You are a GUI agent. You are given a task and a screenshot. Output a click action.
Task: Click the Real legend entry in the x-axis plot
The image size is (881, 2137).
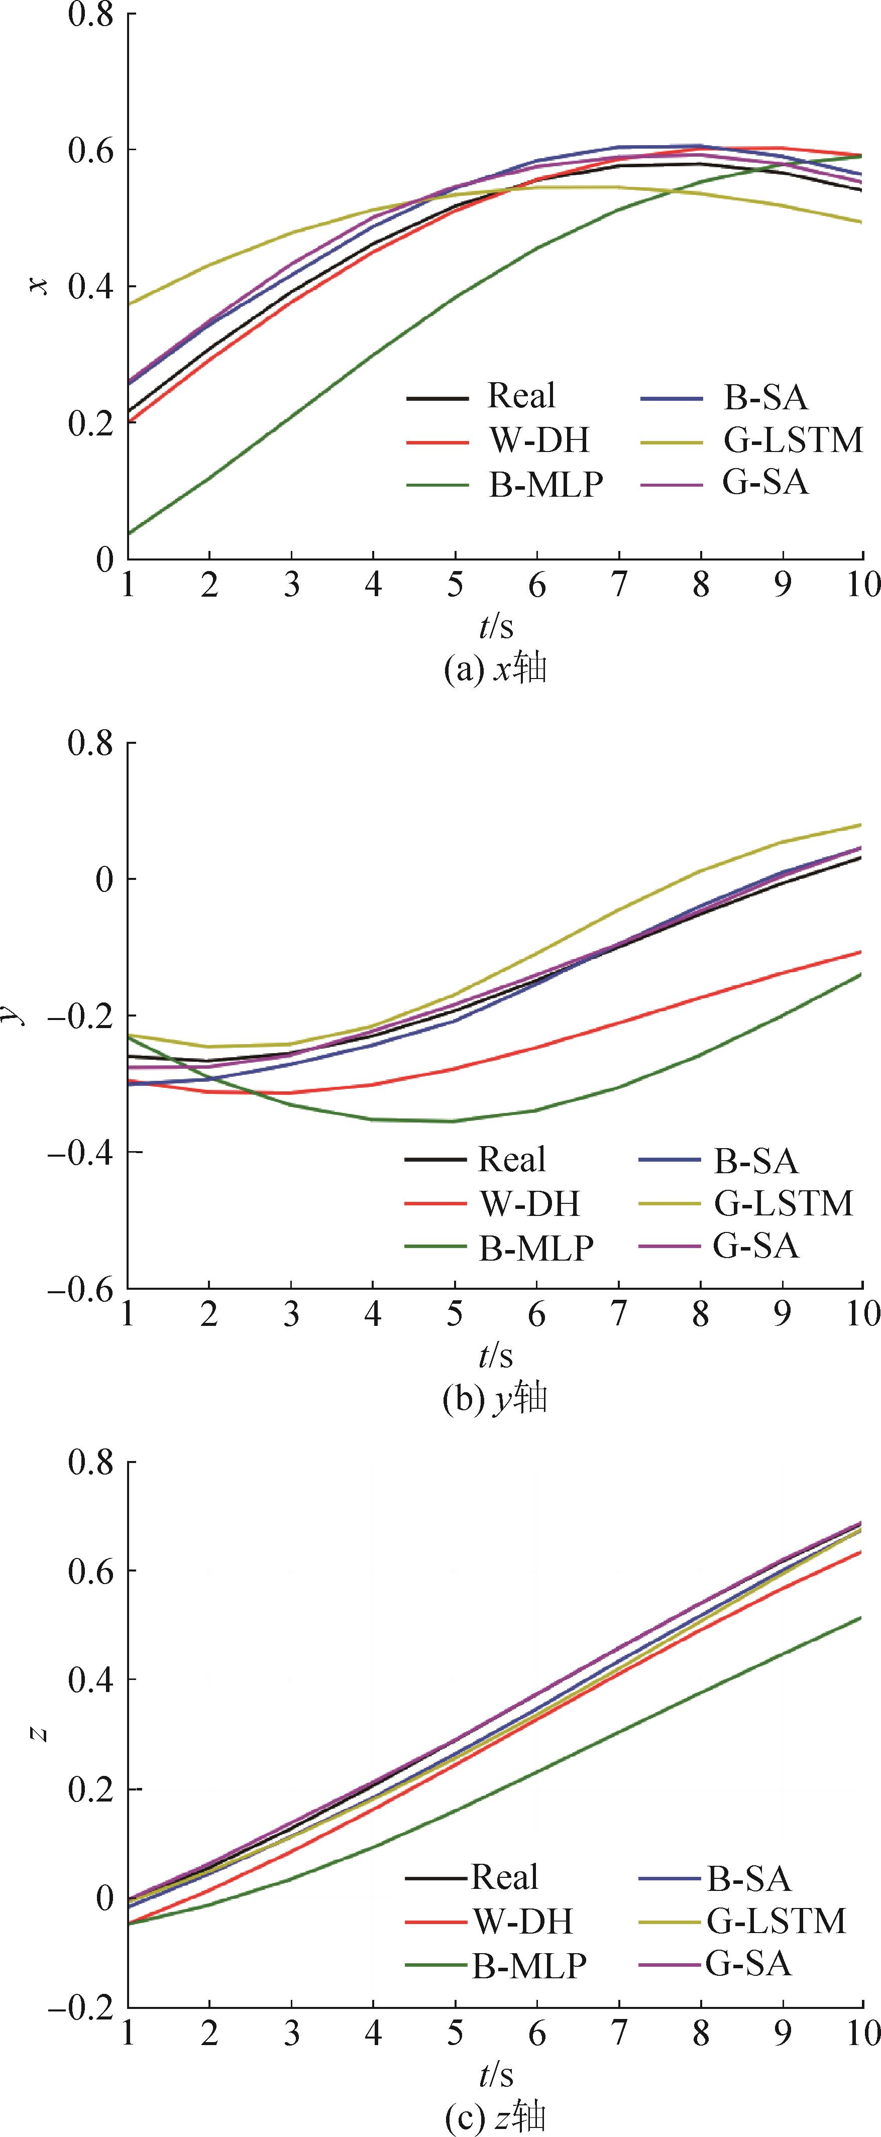(521, 397)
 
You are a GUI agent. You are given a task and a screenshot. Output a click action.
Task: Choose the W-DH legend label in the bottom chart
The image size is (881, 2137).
(523, 1921)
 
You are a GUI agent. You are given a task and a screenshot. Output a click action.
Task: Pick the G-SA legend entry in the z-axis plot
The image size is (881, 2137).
(748, 1964)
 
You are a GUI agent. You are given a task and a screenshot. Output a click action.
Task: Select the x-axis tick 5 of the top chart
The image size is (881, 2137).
(455, 585)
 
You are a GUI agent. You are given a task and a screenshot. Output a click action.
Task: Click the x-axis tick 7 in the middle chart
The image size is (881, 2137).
(618, 1313)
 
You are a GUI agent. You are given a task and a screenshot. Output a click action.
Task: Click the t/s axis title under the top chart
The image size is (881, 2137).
(495, 626)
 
